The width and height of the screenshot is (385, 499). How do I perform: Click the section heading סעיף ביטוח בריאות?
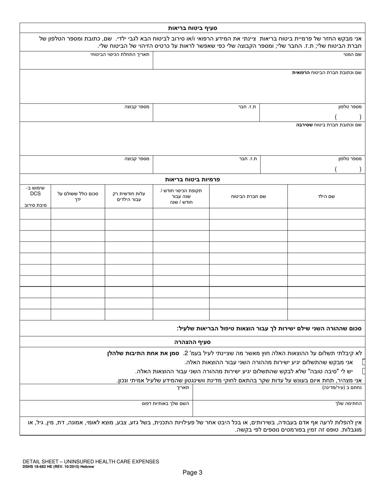pyautogui.click(x=193, y=28)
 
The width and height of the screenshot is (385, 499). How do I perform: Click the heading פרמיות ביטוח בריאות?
pyautogui.click(x=192, y=179)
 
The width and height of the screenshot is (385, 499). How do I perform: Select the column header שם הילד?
pyautogui.click(x=326, y=196)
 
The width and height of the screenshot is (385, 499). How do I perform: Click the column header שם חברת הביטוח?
pyautogui.click(x=248, y=196)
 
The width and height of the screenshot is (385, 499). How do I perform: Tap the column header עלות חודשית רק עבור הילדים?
pyautogui.click(x=128, y=196)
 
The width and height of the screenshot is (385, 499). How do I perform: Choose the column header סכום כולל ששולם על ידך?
pyautogui.click(x=78, y=196)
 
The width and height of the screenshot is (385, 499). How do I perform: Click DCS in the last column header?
pyautogui.click(x=35, y=194)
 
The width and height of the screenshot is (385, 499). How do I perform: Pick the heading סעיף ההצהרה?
pyautogui.click(x=192, y=342)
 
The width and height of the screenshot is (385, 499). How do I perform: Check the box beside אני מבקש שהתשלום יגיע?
pyautogui.click(x=364, y=362)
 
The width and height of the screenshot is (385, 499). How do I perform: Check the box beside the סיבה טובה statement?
pyautogui.click(x=364, y=371)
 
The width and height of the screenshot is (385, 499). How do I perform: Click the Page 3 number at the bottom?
pyautogui.click(x=192, y=472)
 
